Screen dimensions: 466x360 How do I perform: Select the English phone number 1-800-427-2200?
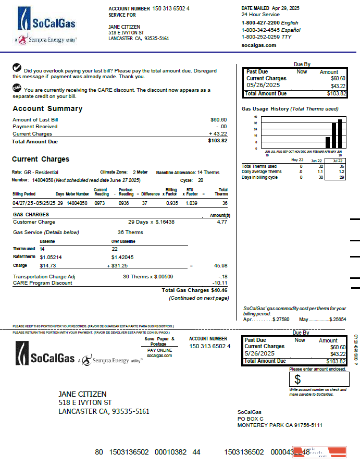pyautogui.click(x=260, y=23)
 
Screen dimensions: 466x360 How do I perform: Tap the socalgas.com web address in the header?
pyautogui.click(x=259, y=45)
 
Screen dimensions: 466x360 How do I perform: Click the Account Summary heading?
pyautogui.click(x=47, y=109)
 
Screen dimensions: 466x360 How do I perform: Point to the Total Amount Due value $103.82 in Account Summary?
pyautogui.click(x=217, y=141)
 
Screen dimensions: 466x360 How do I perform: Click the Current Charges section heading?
pyautogui.click(x=41, y=160)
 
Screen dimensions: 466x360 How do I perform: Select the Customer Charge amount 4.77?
pyautogui.click(x=222, y=222)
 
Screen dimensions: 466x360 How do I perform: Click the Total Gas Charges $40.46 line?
pyautogui.click(x=194, y=290)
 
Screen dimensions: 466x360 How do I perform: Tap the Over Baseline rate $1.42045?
pyautogui.click(x=123, y=257)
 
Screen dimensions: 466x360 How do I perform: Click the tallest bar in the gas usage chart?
pyautogui.click(x=340, y=134)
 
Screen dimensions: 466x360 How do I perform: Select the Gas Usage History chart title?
pyautogui.click(x=290, y=109)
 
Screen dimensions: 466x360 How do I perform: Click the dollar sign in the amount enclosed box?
pyautogui.click(x=297, y=379)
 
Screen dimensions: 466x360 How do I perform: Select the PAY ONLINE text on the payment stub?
pyautogui.click(x=159, y=350)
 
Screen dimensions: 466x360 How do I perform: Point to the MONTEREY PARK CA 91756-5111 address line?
pyautogui.click(x=280, y=425)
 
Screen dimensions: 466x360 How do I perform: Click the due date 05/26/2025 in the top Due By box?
pyautogui.click(x=263, y=85)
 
